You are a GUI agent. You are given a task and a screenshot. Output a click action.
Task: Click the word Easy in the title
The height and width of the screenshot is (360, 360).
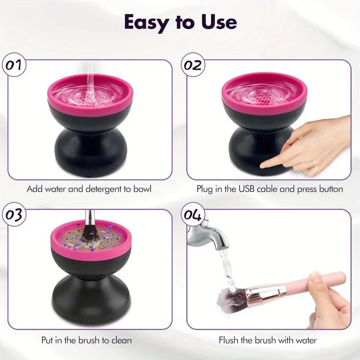coord(146,22)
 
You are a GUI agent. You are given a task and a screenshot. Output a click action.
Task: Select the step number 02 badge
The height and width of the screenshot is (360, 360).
coord(193,66)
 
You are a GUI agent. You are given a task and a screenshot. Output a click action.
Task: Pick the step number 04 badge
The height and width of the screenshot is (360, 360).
coord(193,215)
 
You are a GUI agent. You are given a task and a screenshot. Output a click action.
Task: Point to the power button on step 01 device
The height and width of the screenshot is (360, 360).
coord(87,174)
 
